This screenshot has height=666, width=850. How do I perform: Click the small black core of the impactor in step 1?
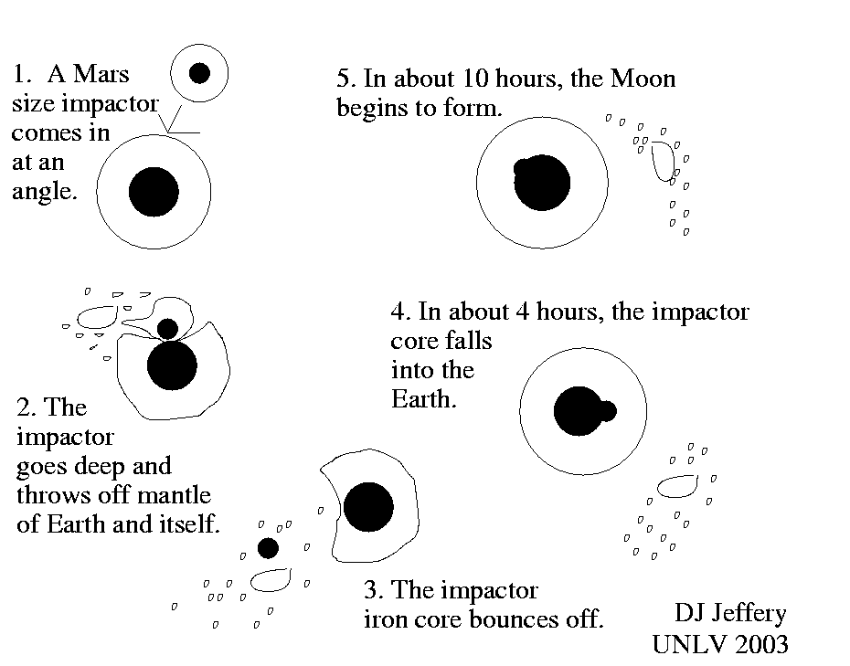[x=199, y=72]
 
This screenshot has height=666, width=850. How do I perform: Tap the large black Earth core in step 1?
[x=154, y=192]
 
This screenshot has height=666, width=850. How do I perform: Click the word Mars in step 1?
[x=103, y=74]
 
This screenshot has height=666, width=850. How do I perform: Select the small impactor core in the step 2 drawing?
[x=167, y=328]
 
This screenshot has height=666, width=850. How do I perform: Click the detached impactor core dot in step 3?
[x=268, y=548]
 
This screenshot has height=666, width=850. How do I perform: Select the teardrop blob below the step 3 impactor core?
[x=271, y=578]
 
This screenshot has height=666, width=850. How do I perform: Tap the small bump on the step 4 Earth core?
[x=606, y=411]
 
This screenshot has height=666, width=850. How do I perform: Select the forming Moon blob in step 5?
[x=662, y=164]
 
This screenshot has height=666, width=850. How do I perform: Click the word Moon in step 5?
[x=643, y=79]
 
